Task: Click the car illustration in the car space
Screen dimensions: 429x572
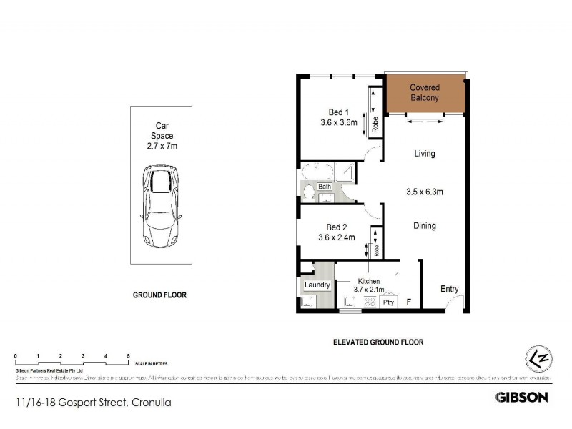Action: [161, 205]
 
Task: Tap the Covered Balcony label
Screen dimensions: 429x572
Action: [424, 92]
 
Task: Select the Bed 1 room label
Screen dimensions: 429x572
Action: [339, 112]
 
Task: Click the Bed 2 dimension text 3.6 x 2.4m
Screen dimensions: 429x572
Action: [339, 237]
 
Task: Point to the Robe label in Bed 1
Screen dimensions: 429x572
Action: [375, 125]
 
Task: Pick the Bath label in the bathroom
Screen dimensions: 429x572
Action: [325, 187]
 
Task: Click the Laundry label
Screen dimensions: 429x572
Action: [317, 285]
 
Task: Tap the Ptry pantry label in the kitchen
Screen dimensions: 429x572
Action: [389, 302]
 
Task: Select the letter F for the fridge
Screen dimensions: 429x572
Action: [408, 302]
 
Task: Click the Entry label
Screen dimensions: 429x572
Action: [449, 289]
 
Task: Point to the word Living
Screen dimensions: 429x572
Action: [425, 154]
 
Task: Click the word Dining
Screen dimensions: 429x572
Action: [425, 226]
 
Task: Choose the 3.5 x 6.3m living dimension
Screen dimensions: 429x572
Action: [425, 192]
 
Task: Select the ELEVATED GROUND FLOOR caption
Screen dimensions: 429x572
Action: [378, 342]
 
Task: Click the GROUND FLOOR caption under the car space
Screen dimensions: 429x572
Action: [159, 295]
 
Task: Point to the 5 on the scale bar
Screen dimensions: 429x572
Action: [128, 356]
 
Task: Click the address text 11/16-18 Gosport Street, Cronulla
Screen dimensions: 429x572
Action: [93, 403]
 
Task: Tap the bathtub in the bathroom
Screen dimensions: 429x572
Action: [315, 172]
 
